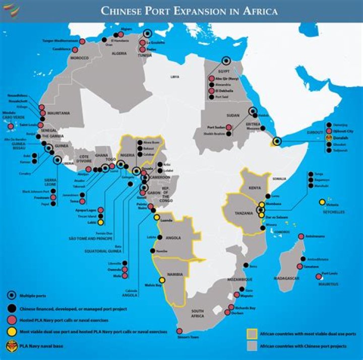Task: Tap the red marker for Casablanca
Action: pyautogui.click(x=75, y=49)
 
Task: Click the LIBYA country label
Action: pyautogui.click(x=175, y=77)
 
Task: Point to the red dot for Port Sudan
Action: pyautogui.click(x=229, y=127)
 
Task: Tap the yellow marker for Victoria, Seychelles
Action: pyautogui.click(x=322, y=203)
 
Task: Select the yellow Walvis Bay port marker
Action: pyautogui.click(x=162, y=280)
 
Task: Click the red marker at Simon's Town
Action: pyautogui.click(x=179, y=331)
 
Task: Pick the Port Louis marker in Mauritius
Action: pyautogui.click(x=318, y=276)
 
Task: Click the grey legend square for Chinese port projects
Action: pyautogui.click(x=251, y=346)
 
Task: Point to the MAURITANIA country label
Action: pyautogui.click(x=58, y=113)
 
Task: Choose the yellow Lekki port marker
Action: pyautogui.click(x=101, y=222)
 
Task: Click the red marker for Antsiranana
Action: pyautogui.click(x=301, y=236)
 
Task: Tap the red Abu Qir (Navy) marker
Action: pyautogui.click(x=212, y=79)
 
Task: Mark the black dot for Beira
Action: pyautogui.click(x=246, y=265)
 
